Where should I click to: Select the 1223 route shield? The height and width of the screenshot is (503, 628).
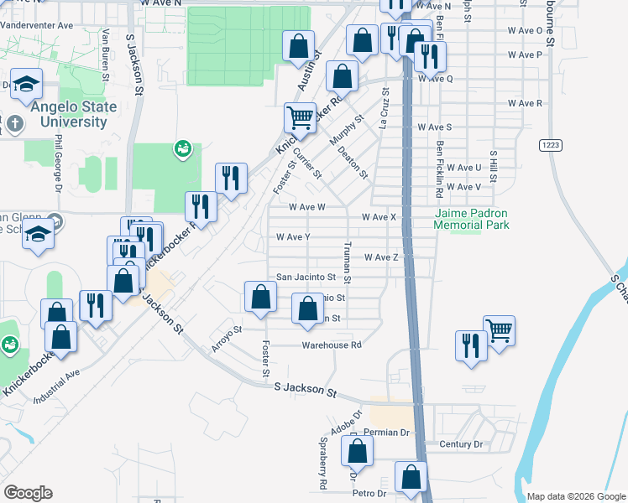tap(550, 145)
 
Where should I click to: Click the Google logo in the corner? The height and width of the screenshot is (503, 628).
tap(28, 493)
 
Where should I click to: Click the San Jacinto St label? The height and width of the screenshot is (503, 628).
tap(306, 277)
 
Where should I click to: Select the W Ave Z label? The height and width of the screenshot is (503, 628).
tap(380, 257)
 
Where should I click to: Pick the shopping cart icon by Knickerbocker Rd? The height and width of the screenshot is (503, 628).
tap(300, 117)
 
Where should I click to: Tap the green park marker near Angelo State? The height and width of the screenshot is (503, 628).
tap(181, 148)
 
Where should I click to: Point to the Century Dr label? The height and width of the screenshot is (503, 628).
tap(462, 443)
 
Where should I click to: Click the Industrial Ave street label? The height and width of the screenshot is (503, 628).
tap(56, 386)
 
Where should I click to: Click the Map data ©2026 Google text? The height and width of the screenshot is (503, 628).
tap(575, 496)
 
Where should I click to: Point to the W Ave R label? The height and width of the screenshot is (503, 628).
tap(525, 103)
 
